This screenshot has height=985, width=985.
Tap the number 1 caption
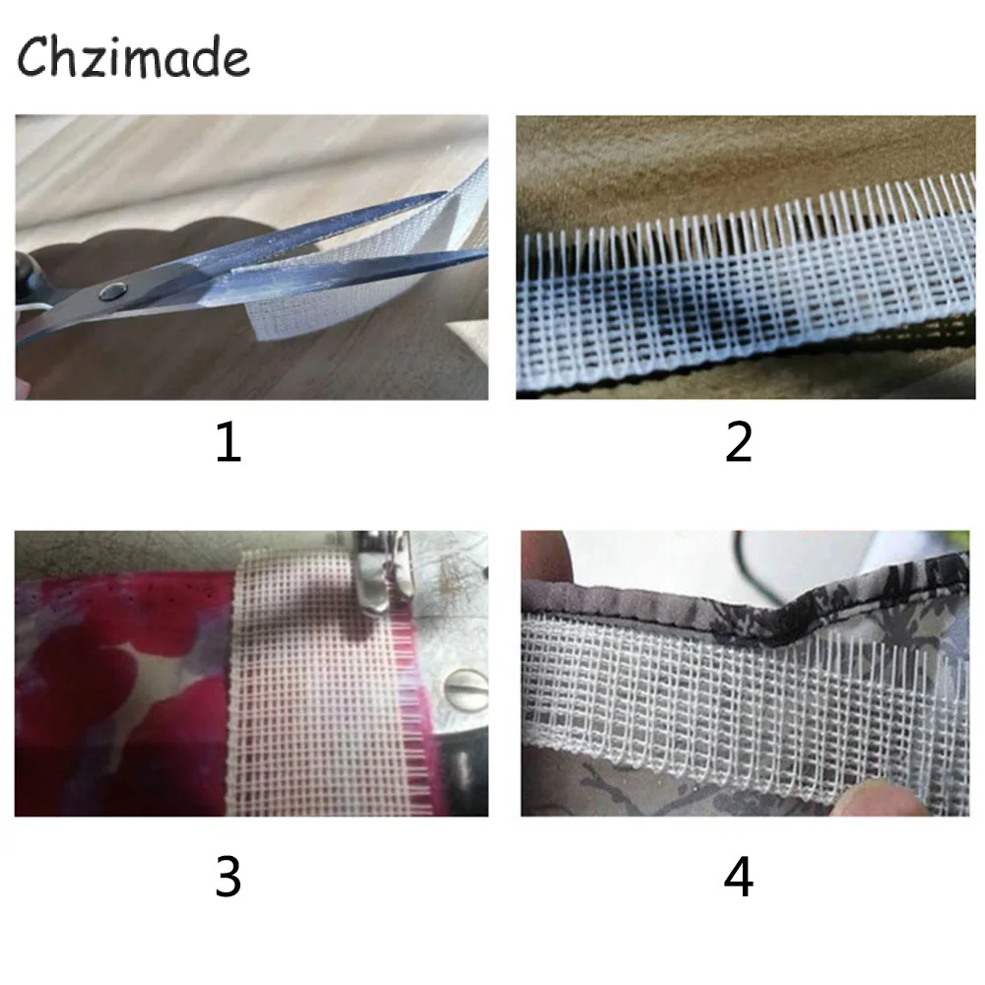(228, 444)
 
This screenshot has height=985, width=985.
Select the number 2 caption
(738, 444)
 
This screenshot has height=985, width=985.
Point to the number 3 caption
(228, 876)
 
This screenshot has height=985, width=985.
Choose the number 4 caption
(738, 876)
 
